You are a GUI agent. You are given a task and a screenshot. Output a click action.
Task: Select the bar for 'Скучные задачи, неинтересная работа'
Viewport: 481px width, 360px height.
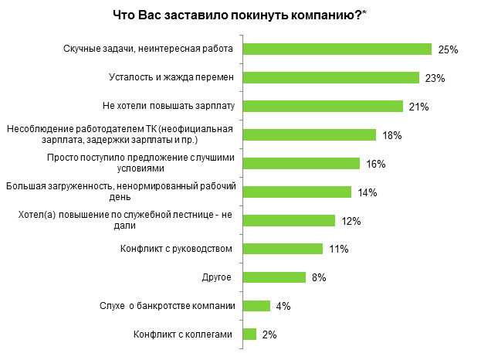coord(337,49)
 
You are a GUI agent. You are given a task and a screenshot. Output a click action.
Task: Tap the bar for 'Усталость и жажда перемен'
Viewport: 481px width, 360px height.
coord(330,77)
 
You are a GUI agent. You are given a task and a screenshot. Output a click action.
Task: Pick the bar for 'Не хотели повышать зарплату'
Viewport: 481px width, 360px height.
coord(323,106)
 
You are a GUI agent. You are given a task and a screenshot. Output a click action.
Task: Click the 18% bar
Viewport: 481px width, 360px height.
coord(309,134)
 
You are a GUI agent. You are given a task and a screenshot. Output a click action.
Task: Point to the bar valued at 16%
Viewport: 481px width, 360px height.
coord(301,163)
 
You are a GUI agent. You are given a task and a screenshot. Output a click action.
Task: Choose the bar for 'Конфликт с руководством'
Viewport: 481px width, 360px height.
coord(282,249)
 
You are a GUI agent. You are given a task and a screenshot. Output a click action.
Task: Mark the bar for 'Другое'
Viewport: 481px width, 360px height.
coord(274,277)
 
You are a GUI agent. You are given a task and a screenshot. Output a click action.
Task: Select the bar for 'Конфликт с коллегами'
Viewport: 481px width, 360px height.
coord(249,335)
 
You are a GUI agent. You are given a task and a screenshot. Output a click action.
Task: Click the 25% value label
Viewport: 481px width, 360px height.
coord(448,49)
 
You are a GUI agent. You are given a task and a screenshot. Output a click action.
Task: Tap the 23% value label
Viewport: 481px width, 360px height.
coord(435,78)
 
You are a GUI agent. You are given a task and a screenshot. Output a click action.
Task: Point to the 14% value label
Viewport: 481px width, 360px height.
coord(367,192)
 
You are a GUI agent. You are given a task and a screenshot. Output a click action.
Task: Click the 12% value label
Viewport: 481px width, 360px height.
coord(351,221)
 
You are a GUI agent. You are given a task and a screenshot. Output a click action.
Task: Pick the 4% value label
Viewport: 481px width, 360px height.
coord(283,307)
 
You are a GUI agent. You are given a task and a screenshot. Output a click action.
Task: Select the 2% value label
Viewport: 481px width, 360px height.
coord(269,335)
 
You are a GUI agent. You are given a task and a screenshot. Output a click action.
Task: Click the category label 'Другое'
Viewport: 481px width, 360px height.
coord(217,277)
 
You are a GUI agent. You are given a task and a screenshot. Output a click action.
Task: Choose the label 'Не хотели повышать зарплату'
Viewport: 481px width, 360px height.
coord(168,106)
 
